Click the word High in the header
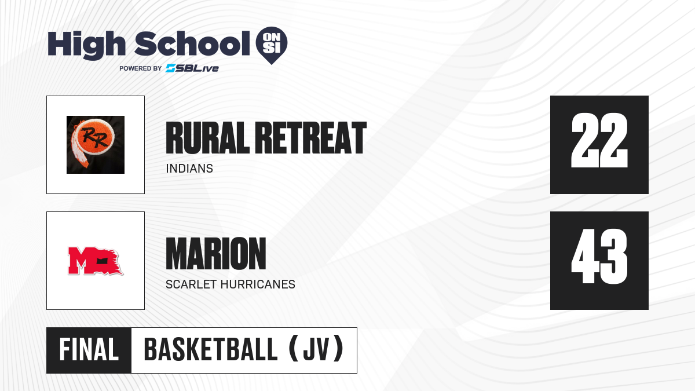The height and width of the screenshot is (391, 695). click(86, 45)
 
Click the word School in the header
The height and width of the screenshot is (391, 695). click(192, 43)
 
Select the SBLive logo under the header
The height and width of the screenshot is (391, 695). click(192, 68)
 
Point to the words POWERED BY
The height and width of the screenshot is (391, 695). click(141, 68)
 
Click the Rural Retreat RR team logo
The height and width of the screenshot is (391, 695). click(96, 145)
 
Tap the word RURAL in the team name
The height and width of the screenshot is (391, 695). click(207, 138)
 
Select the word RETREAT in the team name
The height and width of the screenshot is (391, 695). click(311, 138)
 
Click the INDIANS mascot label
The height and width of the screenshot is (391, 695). click(189, 169)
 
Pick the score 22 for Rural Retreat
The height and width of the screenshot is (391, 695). click(599, 140)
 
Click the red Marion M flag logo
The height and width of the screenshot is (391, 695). click(96, 261)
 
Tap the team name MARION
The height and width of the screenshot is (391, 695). click(216, 254)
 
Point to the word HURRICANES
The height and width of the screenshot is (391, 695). click(258, 284)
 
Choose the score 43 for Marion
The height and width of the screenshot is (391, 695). click(599, 256)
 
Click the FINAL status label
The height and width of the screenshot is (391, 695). click(89, 350)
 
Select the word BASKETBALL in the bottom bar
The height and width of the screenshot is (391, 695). click(211, 350)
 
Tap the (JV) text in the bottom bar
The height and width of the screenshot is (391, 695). click(316, 349)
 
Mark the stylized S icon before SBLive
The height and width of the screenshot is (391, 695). click(171, 68)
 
